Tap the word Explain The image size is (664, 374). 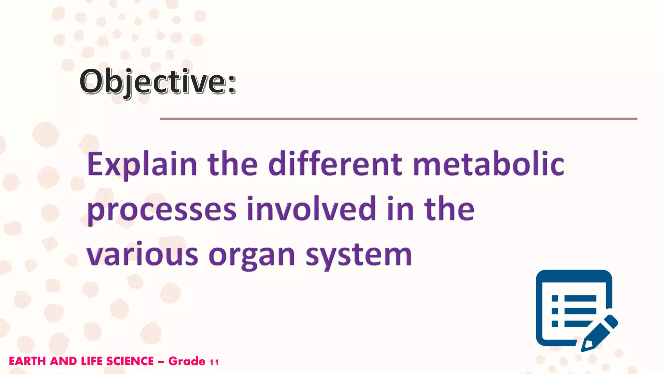(142, 165)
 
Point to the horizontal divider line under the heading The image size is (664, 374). (398, 119)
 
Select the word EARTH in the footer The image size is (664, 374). (27, 361)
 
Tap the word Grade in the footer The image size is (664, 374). (187, 361)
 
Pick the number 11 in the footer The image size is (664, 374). (214, 362)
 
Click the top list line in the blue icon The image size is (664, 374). (580, 298)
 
